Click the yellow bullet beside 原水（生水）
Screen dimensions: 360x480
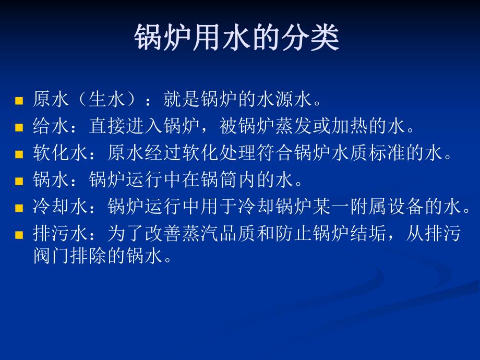19,100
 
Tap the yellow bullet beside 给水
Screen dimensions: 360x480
19,127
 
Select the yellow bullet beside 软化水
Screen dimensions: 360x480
19,154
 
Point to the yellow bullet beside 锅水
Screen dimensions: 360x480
19,181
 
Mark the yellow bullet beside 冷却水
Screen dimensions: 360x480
19,208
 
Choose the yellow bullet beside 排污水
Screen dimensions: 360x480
19,235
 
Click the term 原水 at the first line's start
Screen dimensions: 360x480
52,99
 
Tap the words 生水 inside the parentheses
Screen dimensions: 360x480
109,99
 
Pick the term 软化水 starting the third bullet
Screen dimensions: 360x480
61,153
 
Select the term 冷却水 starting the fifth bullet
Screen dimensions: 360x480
61,207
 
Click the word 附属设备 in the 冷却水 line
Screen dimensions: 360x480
389,207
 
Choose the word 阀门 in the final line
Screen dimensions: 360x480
52,256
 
